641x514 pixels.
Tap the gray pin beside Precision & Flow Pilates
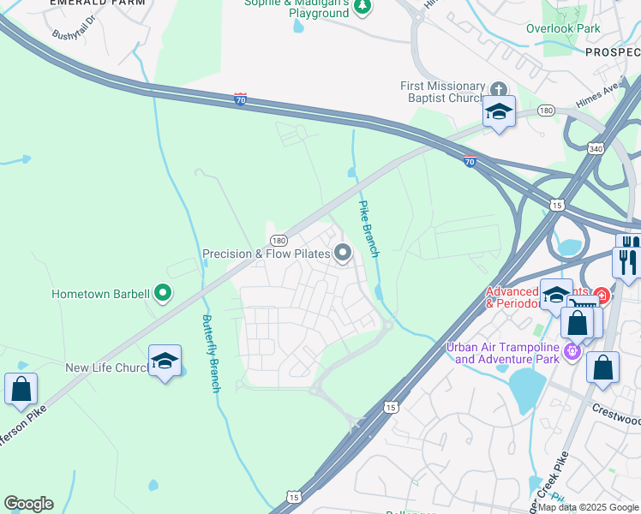pyautogui.click(x=343, y=253)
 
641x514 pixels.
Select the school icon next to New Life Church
pyautogui.click(x=165, y=361)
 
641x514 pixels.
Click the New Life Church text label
pyautogui.click(x=107, y=368)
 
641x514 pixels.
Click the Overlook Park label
pyautogui.click(x=564, y=28)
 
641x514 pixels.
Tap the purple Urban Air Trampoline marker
pyautogui.click(x=572, y=351)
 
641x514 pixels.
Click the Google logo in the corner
pyautogui.click(x=28, y=504)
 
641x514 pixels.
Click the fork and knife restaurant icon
pyautogui.click(x=628, y=261)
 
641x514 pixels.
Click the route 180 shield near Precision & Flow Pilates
pyautogui.click(x=278, y=242)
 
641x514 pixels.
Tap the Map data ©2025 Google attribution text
pyautogui.click(x=588, y=507)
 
